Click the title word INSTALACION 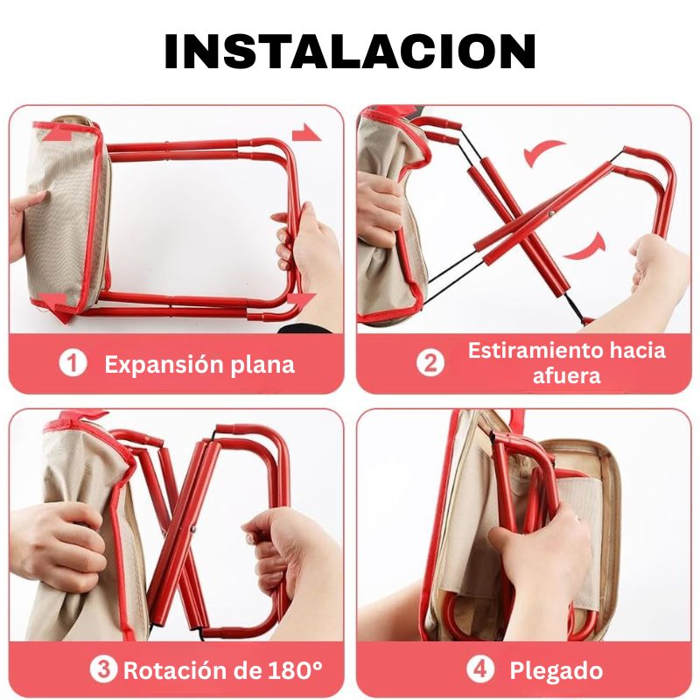click(x=350, y=52)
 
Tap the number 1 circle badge click(x=73, y=363)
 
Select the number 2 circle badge click(x=430, y=362)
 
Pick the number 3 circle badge click(x=104, y=670)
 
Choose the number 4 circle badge click(x=479, y=670)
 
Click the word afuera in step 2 click(x=566, y=376)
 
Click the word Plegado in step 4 click(x=556, y=671)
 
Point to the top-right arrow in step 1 click(x=306, y=133)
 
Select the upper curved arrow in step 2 click(x=544, y=154)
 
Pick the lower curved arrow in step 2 click(x=583, y=248)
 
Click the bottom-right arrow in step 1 click(x=300, y=302)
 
